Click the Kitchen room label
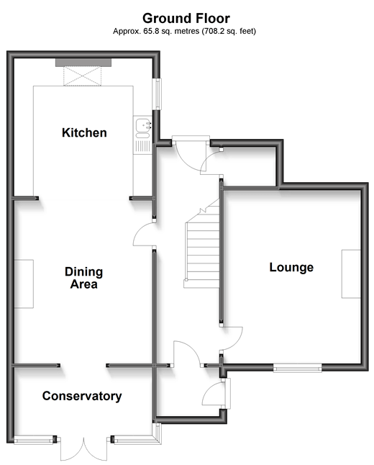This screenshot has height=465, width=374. pyautogui.click(x=84, y=132)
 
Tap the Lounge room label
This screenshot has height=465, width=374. pyautogui.click(x=291, y=267)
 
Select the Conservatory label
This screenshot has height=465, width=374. pyautogui.click(x=82, y=396)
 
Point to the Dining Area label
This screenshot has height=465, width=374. pyautogui.click(x=84, y=278)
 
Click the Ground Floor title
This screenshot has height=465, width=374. pyautogui.click(x=186, y=19)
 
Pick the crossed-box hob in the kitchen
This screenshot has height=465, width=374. pyautogui.click(x=83, y=76)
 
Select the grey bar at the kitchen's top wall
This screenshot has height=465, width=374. pyautogui.click(x=83, y=63)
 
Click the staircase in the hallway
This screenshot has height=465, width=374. pyautogui.click(x=202, y=243)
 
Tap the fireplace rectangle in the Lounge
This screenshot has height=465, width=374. pyautogui.click(x=351, y=274)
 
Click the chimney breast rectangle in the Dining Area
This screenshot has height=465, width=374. pyautogui.click(x=24, y=284)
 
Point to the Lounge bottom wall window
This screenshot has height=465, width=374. pyautogui.click(x=297, y=369)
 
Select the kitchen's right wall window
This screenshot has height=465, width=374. pyautogui.click(x=158, y=94)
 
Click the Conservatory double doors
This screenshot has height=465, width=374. pyautogui.click(x=84, y=448)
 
